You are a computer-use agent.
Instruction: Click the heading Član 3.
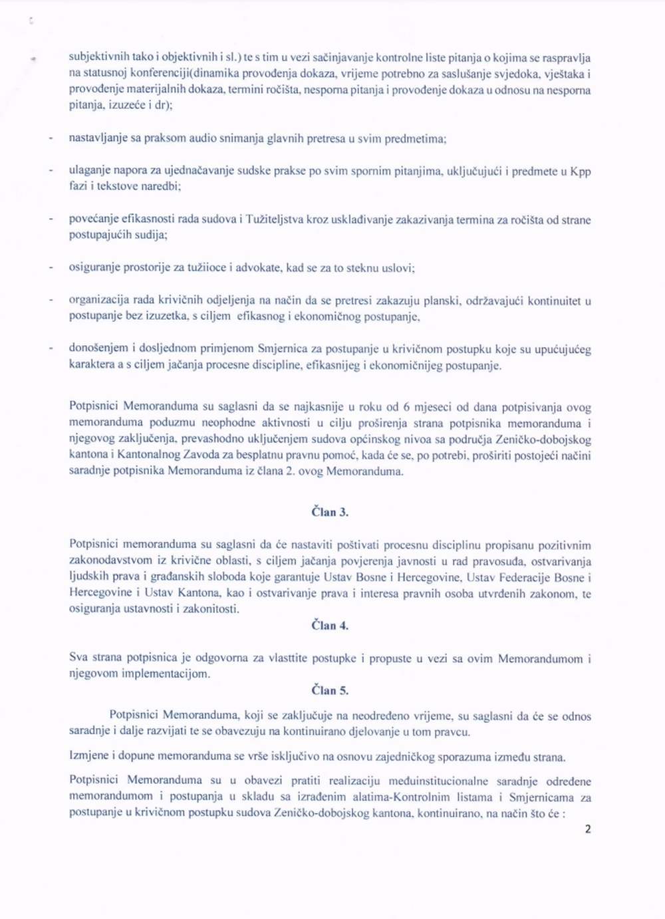[330, 512]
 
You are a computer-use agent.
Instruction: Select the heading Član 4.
[330, 626]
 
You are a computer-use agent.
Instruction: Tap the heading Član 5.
[330, 691]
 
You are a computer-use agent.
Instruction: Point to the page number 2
[587, 829]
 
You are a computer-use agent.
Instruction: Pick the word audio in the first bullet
[202, 139]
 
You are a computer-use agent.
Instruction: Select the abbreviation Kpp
[581, 172]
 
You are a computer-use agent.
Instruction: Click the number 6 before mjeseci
[406, 408]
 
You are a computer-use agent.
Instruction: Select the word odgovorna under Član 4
[221, 658]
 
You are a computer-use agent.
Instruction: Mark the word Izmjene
[88, 756]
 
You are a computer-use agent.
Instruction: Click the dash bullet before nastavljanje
[51, 139]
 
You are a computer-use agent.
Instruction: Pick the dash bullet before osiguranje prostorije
[51, 268]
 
